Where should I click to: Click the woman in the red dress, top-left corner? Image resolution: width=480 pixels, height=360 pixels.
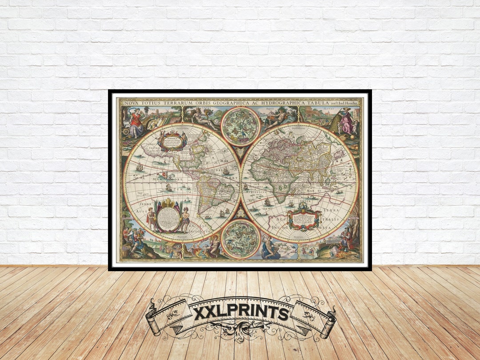pos(137,123)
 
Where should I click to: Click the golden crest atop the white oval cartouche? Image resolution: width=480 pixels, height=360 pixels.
pos(168,203)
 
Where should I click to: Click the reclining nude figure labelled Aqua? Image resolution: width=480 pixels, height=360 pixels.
pos(278,116)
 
